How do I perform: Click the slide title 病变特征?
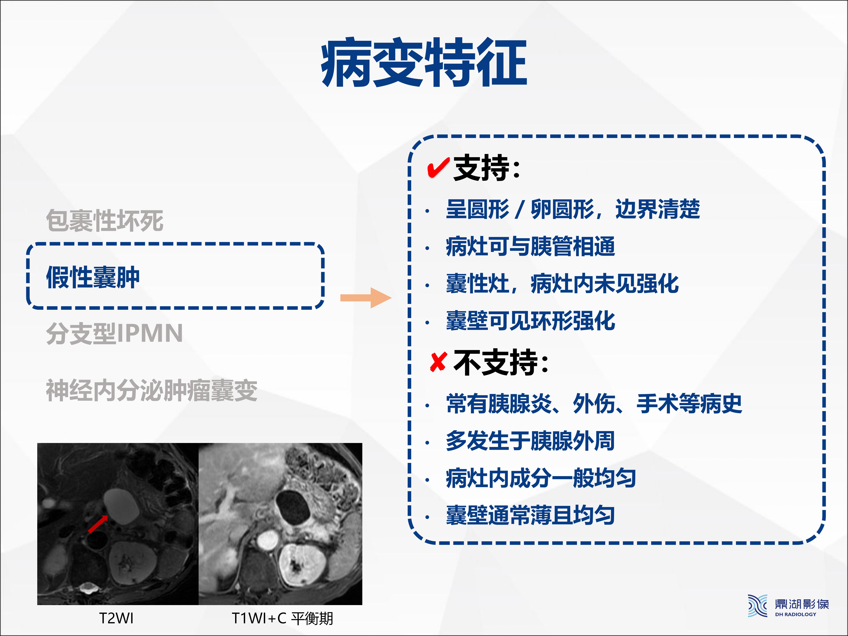click(424, 62)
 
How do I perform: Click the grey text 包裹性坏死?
click(105, 221)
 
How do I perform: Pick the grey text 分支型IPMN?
click(114, 333)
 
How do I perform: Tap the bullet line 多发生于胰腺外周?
click(531, 441)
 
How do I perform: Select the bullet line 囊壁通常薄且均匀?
click(531, 515)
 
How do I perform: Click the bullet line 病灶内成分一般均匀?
click(541, 478)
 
